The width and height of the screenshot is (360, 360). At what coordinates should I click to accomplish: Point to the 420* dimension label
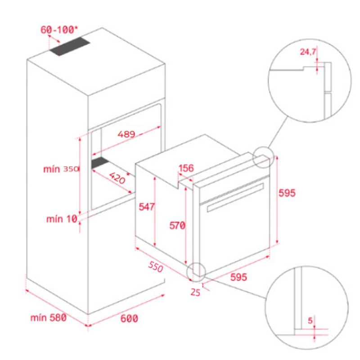(118, 178)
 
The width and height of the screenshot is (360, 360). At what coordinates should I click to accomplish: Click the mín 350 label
(61, 169)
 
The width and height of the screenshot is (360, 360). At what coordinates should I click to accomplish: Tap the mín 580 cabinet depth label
(49, 318)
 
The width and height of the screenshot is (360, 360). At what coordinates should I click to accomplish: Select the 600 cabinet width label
(129, 319)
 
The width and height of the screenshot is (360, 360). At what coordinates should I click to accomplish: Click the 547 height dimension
(147, 207)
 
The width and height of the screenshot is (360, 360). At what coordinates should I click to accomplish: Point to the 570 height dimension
(177, 225)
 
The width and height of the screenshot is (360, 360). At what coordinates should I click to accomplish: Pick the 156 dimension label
(186, 168)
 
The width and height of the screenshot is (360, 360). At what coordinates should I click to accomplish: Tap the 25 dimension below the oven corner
(195, 292)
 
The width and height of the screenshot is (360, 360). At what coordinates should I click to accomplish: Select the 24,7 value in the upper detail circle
(308, 52)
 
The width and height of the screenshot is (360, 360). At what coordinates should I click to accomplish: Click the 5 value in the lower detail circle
(310, 321)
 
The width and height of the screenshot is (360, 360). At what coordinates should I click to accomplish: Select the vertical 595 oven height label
(287, 193)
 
